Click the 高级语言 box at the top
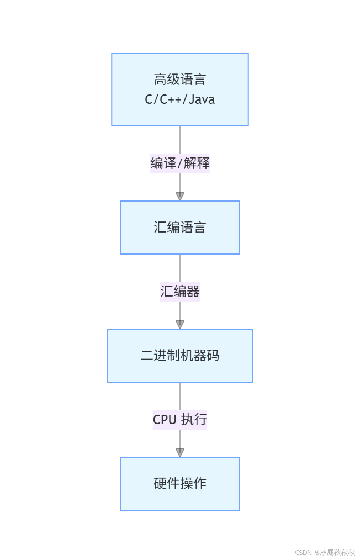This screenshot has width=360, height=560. tap(180, 89)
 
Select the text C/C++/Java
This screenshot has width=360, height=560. tap(180, 100)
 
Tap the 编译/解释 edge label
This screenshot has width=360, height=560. tap(180, 163)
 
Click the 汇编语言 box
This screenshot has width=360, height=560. tap(180, 228)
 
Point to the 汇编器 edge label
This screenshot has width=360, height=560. tap(180, 291)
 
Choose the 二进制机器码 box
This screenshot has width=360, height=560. tap(180, 356)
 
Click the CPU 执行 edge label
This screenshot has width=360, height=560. tap(180, 419)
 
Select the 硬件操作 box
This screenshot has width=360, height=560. tap(180, 484)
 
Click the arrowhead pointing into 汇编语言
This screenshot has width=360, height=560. tap(180, 196)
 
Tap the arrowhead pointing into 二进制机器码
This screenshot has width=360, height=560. tap(180, 324)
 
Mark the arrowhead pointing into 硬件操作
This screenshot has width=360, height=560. tap(180, 452)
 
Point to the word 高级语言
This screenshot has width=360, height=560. tap(180, 80)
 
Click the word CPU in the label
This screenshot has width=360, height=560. tap(165, 420)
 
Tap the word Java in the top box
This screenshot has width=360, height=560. tap(202, 100)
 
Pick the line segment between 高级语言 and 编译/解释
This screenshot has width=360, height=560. tap(180, 140)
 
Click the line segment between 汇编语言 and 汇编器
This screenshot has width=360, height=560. tap(180, 268)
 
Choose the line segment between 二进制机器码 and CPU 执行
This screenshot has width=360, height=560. tap(180, 395)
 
